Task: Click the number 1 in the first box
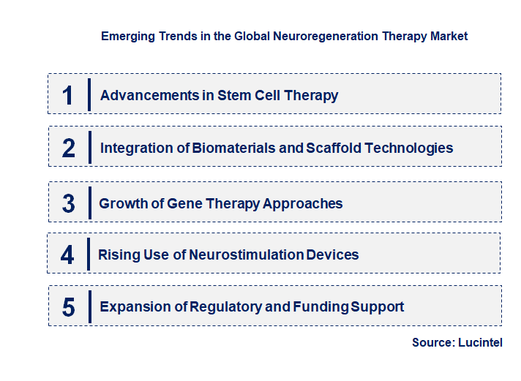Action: (68, 95)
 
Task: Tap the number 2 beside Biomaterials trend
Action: (68, 148)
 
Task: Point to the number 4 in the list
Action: (67, 255)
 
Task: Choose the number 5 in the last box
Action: (68, 307)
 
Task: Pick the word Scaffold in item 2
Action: (334, 148)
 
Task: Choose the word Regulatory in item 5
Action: (225, 306)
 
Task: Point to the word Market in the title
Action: (448, 35)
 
